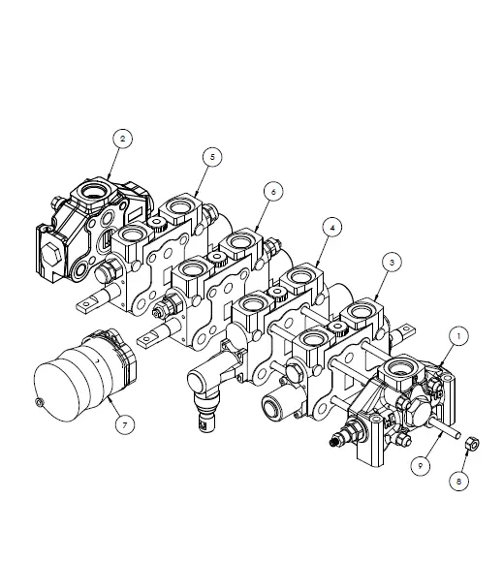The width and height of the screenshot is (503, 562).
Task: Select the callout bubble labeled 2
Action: pos(121,140)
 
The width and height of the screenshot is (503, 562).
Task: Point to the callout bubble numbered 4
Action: pos(332,228)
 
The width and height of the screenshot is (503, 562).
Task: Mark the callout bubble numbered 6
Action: pos(273,192)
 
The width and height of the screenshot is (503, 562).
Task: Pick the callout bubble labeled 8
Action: pos(460,478)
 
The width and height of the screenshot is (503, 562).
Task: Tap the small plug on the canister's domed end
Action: pos(39,401)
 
